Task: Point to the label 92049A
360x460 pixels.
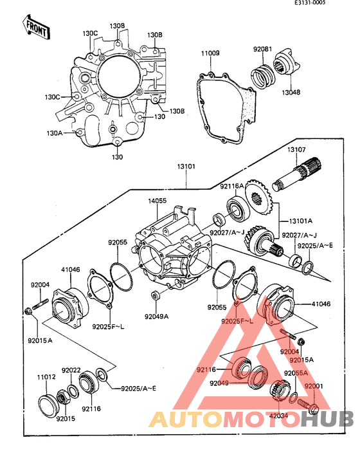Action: [156, 316]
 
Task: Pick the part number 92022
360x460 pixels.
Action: [71, 370]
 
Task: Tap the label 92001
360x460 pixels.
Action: [314, 386]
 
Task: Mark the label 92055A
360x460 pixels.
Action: [296, 373]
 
